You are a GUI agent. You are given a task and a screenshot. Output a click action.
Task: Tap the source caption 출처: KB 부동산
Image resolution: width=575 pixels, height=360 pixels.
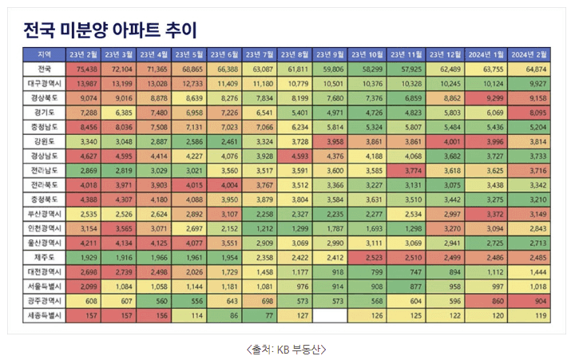tap(287, 349)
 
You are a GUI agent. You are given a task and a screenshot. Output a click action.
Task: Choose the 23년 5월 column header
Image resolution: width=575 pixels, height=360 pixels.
tap(189, 54)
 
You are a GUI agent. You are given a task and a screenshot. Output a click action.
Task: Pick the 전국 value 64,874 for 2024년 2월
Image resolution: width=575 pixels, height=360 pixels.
tap(529, 69)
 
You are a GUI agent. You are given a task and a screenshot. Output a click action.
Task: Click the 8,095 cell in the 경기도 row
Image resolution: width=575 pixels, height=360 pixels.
tap(529, 113)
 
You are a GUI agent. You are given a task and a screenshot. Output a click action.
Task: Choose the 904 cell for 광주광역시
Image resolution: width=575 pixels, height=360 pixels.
tap(529, 301)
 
